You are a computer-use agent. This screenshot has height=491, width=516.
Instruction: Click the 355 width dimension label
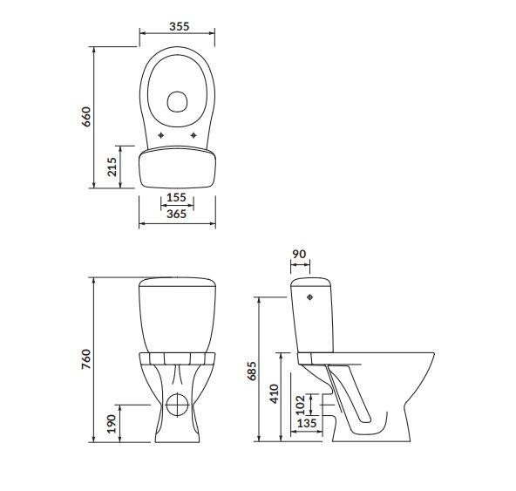click(180, 26)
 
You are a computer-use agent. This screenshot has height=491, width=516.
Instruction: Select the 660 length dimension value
click(86, 117)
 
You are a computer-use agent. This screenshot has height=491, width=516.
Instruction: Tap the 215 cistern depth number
click(112, 167)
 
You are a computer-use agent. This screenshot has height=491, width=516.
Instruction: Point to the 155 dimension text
click(176, 198)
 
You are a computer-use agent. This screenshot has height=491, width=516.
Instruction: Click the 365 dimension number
click(176, 214)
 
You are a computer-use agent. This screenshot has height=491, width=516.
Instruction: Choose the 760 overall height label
click(86, 359)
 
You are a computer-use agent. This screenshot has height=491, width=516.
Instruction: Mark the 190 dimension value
click(112, 424)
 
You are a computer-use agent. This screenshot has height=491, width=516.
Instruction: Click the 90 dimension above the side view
click(299, 254)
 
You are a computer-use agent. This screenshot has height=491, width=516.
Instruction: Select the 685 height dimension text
click(252, 372)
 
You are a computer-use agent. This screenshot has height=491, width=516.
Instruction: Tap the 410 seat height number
click(274, 394)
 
